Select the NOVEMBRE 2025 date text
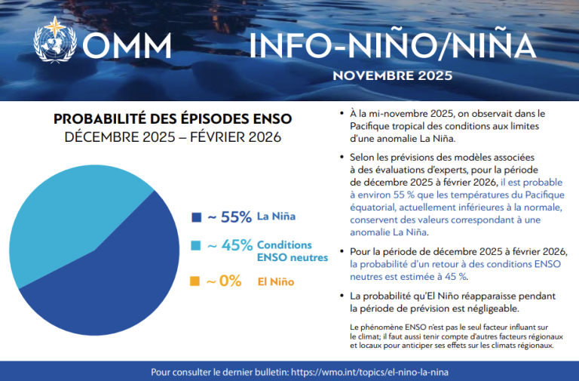pos(392,76)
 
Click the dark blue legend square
pos(196,217)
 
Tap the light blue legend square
pos(196,247)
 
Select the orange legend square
pos(196,281)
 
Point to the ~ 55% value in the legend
pos(229,217)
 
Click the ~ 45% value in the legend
pos(229,247)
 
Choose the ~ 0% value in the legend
pos(224,281)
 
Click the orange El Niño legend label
pos(274,281)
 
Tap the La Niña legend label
pos(277,217)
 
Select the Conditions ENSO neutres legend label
pos(292,251)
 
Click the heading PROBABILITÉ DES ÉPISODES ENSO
pos(173,119)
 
